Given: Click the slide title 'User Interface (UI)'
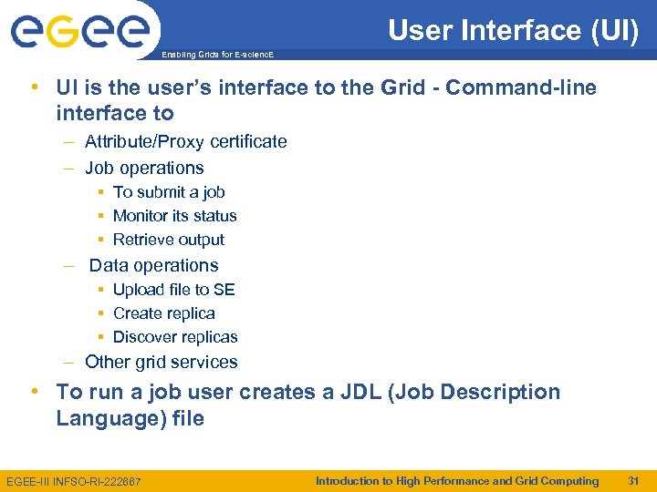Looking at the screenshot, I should (513, 30).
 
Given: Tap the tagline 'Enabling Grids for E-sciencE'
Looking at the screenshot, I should (216, 55).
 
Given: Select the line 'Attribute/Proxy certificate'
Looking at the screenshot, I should (185, 141).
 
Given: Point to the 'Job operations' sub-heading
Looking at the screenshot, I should (144, 168).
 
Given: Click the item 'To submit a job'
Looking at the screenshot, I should (169, 192).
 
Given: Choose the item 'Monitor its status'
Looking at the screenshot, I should (174, 216).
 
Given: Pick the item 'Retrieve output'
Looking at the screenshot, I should (169, 240).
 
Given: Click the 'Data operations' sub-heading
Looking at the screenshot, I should (153, 265).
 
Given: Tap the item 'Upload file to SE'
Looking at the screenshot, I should (173, 290).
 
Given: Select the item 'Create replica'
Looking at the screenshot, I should (164, 313).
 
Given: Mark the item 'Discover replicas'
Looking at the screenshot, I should (175, 337).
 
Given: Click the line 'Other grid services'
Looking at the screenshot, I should (161, 362).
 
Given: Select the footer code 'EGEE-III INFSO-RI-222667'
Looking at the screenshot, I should (74, 481).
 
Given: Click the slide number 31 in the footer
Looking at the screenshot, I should (633, 480).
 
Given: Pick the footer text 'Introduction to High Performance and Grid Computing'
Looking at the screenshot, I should (457, 480).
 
